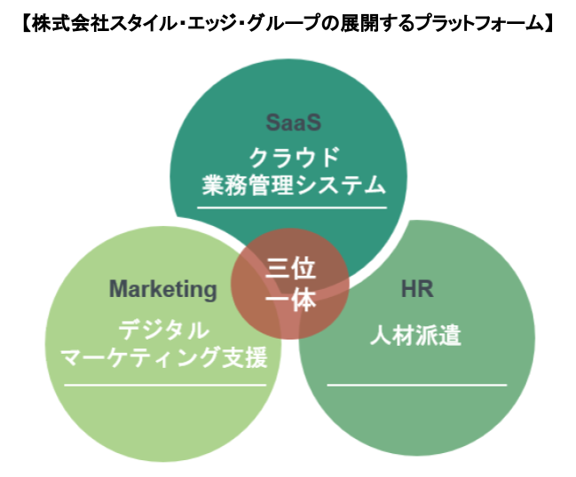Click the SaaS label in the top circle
click(x=292, y=121)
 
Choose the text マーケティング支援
click(x=163, y=356)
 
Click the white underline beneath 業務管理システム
click(x=293, y=207)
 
